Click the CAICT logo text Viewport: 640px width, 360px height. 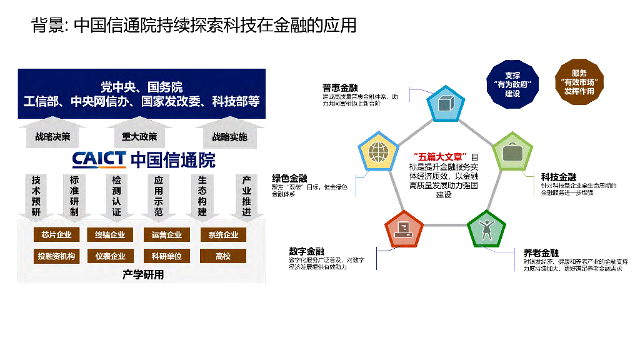(x=99, y=160)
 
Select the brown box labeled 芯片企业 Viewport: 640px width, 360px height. (x=56, y=235)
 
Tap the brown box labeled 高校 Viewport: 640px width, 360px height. (x=223, y=256)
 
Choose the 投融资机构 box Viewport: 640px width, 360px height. (x=56, y=256)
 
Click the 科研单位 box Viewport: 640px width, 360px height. (x=167, y=256)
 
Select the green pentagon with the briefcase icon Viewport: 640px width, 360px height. (x=513, y=152)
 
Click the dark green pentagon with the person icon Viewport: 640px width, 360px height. (x=486, y=229)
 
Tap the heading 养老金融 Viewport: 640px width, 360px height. (x=541, y=252)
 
